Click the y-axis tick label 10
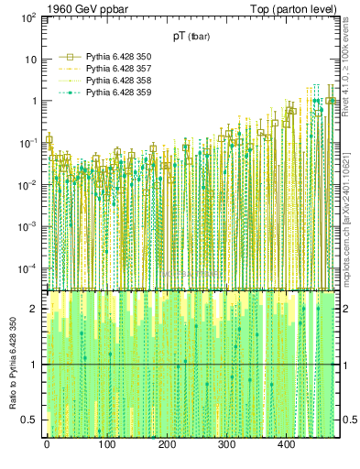29,60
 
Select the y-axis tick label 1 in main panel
33,102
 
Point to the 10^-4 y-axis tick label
27,268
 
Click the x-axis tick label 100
106,445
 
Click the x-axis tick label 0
47,445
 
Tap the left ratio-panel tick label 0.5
31,420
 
